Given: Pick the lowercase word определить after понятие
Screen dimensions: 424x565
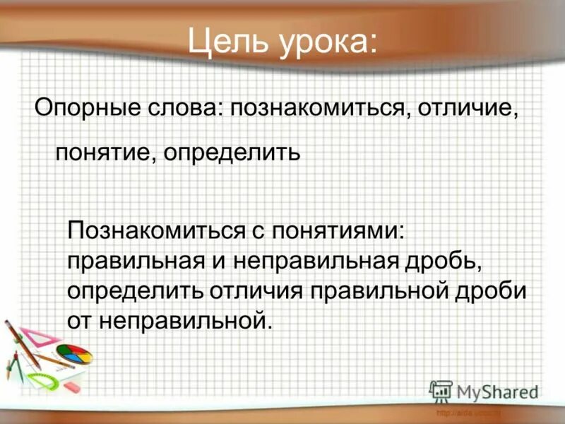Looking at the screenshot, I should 232,153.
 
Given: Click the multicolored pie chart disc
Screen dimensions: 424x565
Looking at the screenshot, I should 73,353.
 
